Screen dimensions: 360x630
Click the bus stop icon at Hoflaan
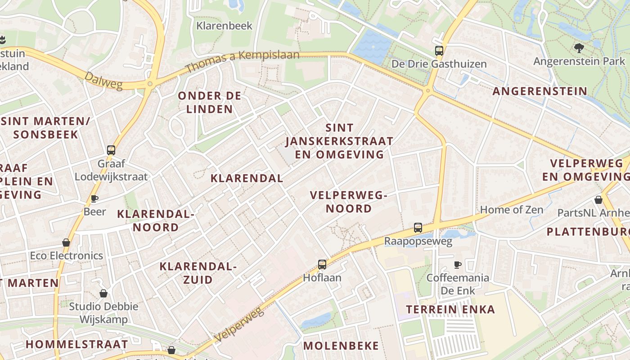[322, 265]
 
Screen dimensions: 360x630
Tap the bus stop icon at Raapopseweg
[418, 228]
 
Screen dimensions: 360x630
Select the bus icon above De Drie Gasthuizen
[439, 51]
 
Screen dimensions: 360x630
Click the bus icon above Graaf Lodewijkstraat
[111, 150]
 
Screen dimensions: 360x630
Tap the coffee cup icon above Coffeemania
[458, 265]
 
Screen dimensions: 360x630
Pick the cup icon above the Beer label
[94, 198]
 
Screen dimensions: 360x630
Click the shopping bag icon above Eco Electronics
[66, 243]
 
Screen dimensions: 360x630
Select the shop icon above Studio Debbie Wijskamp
[103, 293]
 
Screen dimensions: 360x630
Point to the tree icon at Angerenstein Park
[579, 48]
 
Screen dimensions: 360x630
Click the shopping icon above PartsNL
[598, 199]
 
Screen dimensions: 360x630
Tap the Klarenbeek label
[225, 26]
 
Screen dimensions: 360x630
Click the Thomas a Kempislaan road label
[242, 62]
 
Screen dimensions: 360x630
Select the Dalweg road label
[103, 81]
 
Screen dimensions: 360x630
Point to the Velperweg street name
[238, 324]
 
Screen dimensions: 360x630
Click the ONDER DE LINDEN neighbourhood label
[210, 102]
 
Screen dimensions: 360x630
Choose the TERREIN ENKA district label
[450, 310]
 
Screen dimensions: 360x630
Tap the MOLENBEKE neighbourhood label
[341, 346]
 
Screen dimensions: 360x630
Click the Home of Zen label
[512, 210]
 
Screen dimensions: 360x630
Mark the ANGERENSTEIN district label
[540, 91]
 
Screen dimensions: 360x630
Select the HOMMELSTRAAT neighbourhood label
[77, 345]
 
